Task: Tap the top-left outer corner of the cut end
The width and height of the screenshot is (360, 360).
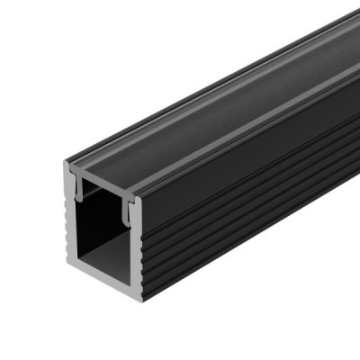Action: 62,166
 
